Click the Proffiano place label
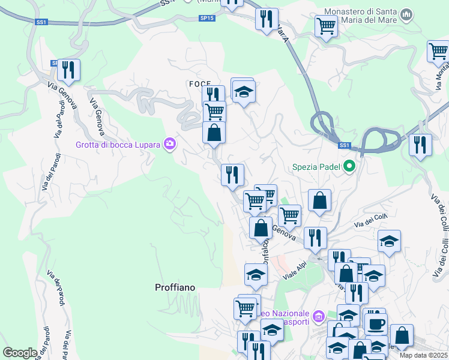pos(175,287)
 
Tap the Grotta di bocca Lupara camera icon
pos(170,143)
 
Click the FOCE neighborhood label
pos(199,83)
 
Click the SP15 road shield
pos(206,19)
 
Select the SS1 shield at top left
pos(41,22)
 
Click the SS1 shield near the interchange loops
pos(344,145)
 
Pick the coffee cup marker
pos(376,323)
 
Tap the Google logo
pos(19,353)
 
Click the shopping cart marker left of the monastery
pos(326,26)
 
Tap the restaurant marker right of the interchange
pos(420,145)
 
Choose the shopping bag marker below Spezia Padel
pos(320,201)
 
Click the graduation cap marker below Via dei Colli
pos(389,242)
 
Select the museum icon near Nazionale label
pos(319,315)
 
